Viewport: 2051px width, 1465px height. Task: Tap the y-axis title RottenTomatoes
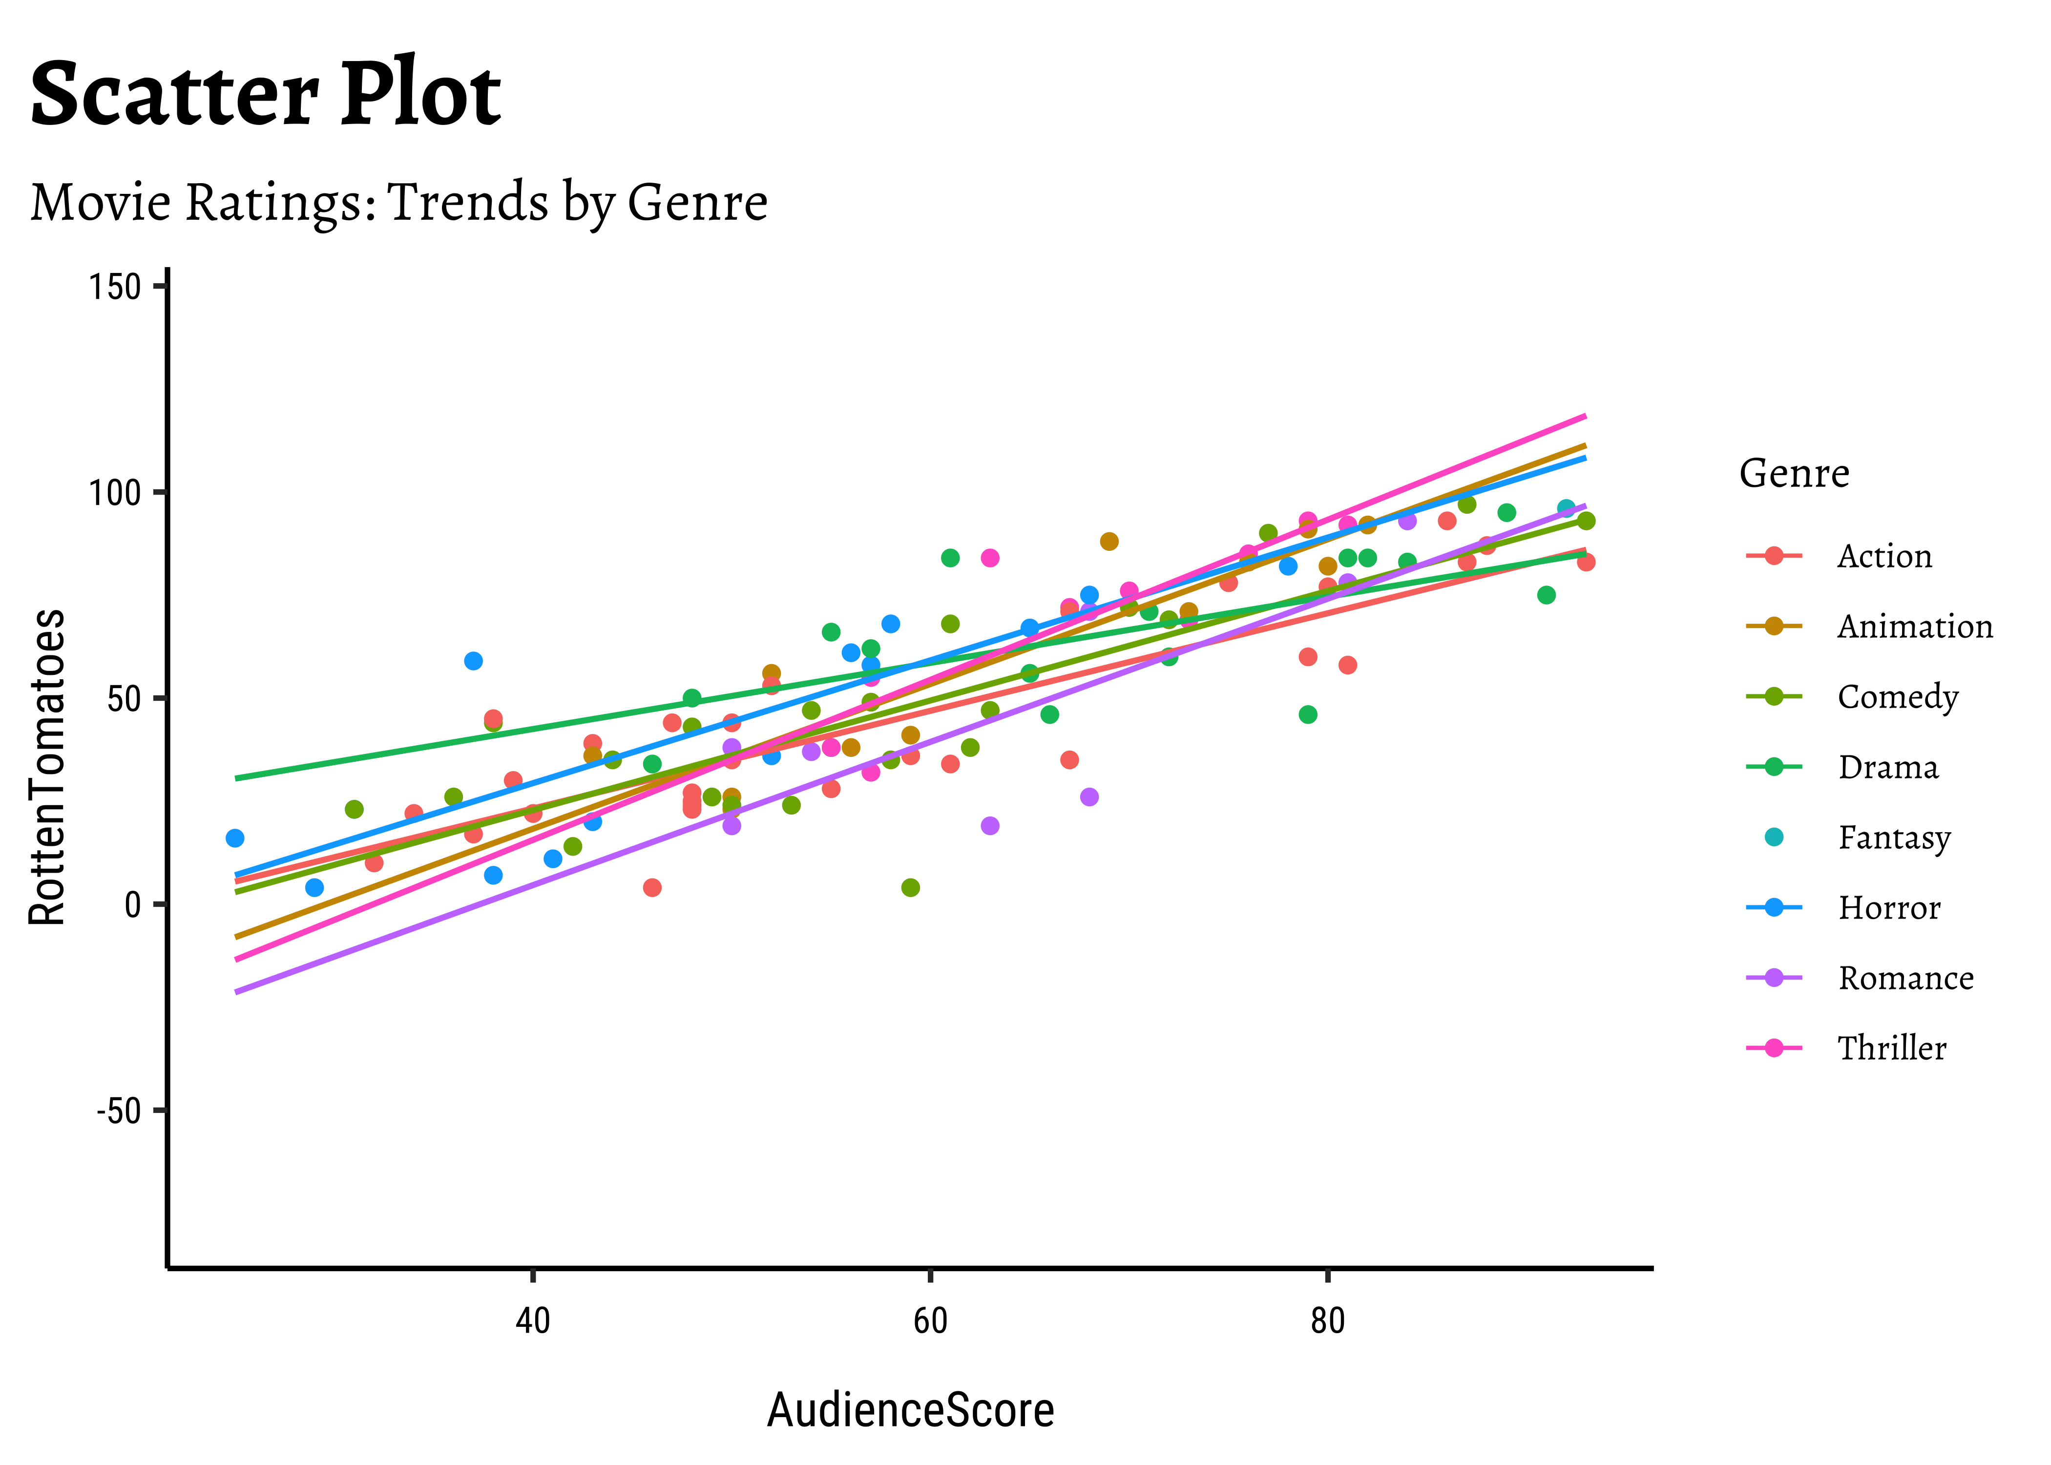pyautogui.click(x=47, y=767)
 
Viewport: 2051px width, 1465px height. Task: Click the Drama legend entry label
pyautogui.click(x=1888, y=767)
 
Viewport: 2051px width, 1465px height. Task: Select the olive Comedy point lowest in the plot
pyautogui.click(x=911, y=888)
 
